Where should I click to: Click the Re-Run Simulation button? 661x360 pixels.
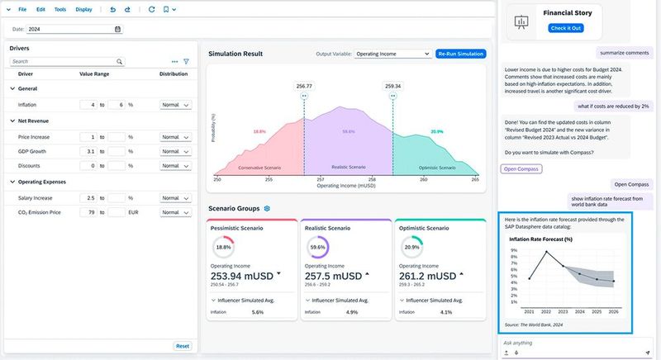(460, 54)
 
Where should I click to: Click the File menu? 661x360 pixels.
(21, 9)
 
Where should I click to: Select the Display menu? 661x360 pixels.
(83, 9)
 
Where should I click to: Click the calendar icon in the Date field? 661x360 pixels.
(117, 29)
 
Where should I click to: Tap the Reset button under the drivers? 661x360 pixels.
(182, 346)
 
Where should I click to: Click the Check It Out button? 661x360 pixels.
(565, 28)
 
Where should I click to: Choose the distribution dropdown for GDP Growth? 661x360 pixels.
(175, 152)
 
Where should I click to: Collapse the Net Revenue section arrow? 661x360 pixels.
(12, 121)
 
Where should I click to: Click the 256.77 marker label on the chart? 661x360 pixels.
(303, 86)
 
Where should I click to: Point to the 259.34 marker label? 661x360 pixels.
(392, 86)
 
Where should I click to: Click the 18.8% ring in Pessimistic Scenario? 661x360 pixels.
(223, 246)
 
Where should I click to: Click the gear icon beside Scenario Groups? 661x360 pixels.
(267, 209)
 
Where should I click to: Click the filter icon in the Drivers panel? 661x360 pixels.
(186, 62)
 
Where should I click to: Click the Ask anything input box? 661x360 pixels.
(570, 343)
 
